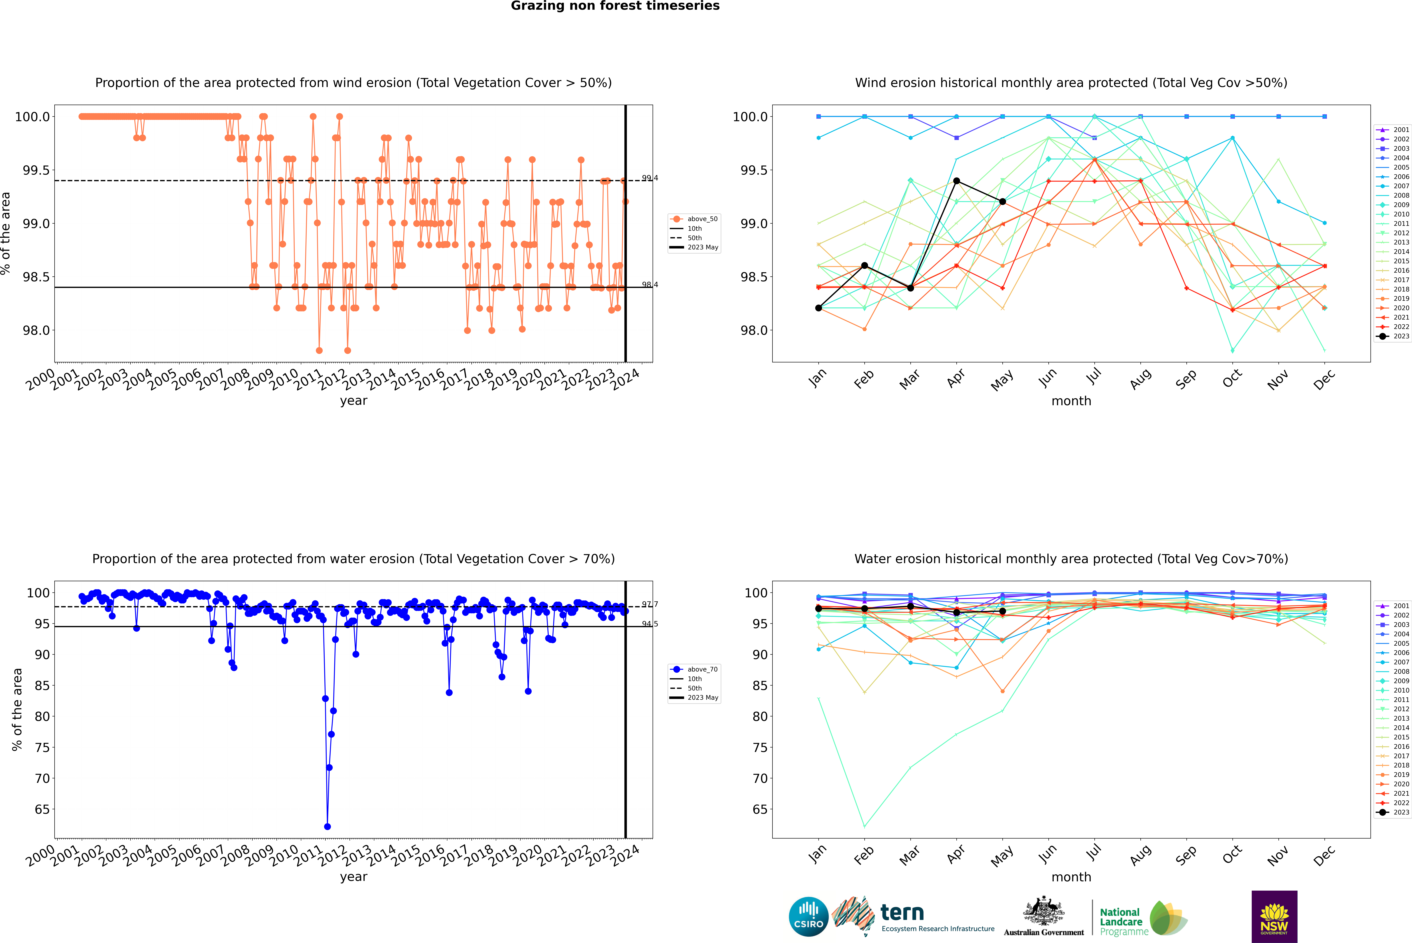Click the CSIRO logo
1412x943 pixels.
(x=808, y=917)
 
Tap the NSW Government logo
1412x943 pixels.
(x=1274, y=917)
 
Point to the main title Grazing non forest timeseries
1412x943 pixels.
(x=615, y=6)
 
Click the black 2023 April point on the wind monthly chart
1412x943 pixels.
(x=956, y=180)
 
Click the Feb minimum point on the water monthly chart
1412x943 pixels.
(x=864, y=826)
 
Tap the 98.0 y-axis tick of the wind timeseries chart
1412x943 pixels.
(x=36, y=330)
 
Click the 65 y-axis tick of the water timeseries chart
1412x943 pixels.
(x=42, y=809)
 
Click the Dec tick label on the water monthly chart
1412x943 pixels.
(x=1324, y=855)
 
